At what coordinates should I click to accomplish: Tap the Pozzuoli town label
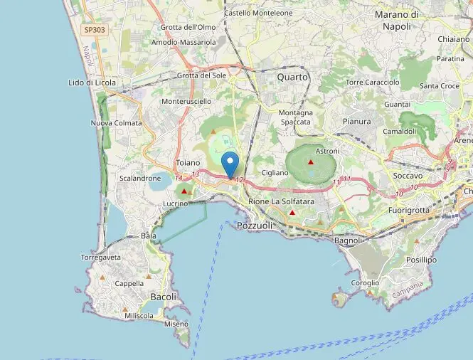(x=255, y=226)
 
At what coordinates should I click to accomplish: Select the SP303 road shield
(x=94, y=30)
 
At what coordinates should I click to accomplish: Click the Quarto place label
(x=293, y=77)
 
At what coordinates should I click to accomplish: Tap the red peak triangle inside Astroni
(x=311, y=162)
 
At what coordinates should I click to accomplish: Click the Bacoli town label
(x=164, y=296)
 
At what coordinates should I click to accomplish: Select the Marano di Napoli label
(x=396, y=20)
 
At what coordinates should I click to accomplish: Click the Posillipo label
(x=421, y=260)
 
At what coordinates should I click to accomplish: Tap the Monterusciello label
(x=187, y=102)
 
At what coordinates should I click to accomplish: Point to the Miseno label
(x=176, y=324)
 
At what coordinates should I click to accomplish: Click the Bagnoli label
(x=349, y=240)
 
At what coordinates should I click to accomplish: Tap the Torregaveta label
(x=102, y=258)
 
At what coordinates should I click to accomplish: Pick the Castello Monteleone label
(x=257, y=13)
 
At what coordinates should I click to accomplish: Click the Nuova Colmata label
(x=117, y=123)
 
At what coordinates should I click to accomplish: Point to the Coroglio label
(x=365, y=282)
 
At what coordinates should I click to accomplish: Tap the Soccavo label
(x=408, y=175)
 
